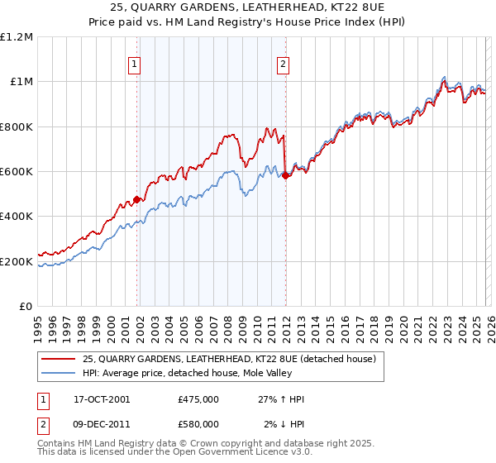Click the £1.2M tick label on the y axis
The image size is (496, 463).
[x=17, y=37]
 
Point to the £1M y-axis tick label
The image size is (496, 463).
[x=21, y=82]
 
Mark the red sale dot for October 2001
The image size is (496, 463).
[x=137, y=199]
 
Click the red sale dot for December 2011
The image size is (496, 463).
[x=285, y=175]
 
